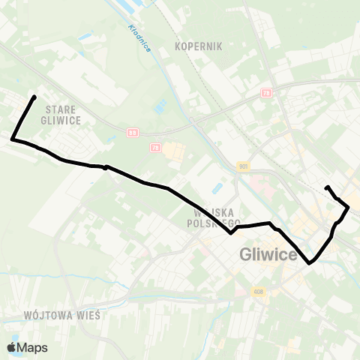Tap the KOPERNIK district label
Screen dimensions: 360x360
pos(199,46)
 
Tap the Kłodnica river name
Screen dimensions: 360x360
pos(139,37)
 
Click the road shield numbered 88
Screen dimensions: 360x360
pos(132,133)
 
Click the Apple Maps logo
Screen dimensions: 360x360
pos(27,347)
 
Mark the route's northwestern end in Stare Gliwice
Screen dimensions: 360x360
pos(34,97)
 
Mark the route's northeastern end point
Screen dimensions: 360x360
pos(327,187)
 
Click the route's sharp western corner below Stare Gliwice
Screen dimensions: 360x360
pos(13,139)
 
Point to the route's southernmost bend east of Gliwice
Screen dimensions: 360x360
pos(309,263)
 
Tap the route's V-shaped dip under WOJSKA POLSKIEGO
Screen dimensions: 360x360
pos(232,232)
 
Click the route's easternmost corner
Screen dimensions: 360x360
pos(348,208)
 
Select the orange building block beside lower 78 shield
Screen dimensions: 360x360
pos(174,152)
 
